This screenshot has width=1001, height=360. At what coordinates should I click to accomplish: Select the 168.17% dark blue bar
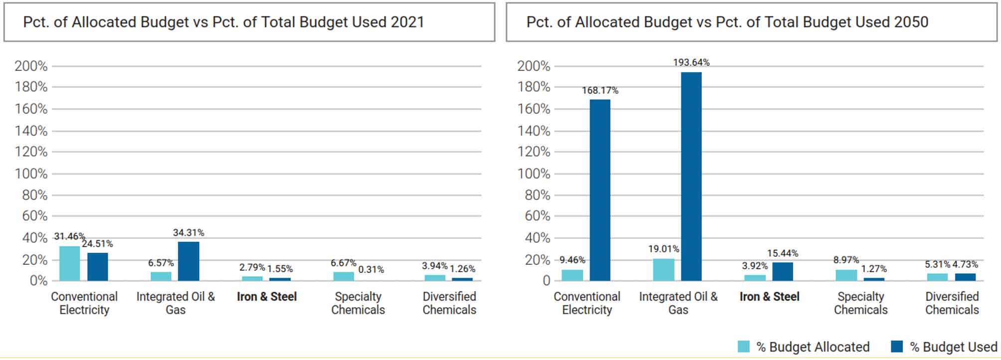click(600, 190)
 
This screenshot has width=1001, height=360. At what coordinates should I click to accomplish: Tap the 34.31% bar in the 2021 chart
click(188, 261)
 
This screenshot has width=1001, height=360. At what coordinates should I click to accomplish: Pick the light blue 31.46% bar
click(69, 263)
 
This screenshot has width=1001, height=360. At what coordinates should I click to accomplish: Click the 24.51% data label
click(98, 244)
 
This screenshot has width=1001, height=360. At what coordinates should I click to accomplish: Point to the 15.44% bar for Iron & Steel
click(782, 272)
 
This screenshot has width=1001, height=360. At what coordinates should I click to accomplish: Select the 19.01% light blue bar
click(664, 270)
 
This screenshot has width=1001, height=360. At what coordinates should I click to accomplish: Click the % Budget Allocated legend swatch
click(743, 347)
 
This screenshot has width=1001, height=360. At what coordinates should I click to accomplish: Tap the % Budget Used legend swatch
click(897, 347)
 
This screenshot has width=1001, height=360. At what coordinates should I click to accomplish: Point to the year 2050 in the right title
click(911, 22)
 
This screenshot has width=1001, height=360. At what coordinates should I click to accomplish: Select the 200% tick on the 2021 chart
click(31, 66)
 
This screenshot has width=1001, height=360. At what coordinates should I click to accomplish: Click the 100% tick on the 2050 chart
click(533, 174)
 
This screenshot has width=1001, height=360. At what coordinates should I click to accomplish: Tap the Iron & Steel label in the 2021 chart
click(267, 297)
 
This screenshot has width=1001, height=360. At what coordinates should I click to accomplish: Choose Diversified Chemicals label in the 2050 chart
click(952, 303)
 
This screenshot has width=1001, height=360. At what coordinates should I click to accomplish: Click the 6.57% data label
click(161, 263)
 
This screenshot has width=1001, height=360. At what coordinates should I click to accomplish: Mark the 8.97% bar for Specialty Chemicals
click(846, 275)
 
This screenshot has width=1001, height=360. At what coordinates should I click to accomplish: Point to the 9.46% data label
click(572, 260)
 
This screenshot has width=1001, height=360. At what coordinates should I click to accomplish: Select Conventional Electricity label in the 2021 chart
click(84, 303)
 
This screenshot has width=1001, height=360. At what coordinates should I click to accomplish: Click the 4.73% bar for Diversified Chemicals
click(965, 277)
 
